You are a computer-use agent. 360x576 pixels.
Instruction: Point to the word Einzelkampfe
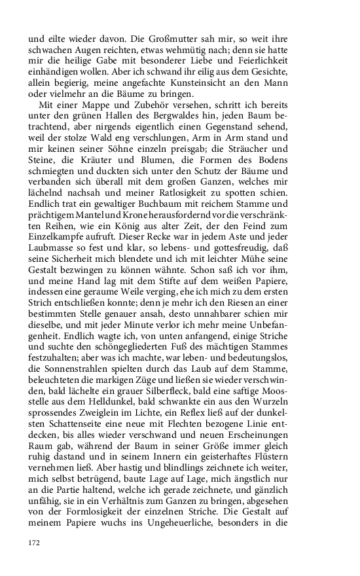pyautogui.click(x=59, y=240)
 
